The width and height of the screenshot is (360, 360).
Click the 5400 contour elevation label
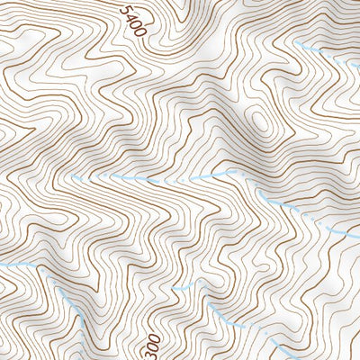pos(132,19)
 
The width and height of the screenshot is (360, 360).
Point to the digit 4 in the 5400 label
pos(130,14)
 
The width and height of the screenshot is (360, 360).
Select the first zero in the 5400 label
pos(135,23)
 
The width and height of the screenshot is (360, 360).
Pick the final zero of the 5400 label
pos(139,32)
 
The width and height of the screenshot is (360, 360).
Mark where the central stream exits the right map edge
pos(358,236)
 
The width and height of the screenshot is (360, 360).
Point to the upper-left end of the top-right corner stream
pos(297,42)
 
